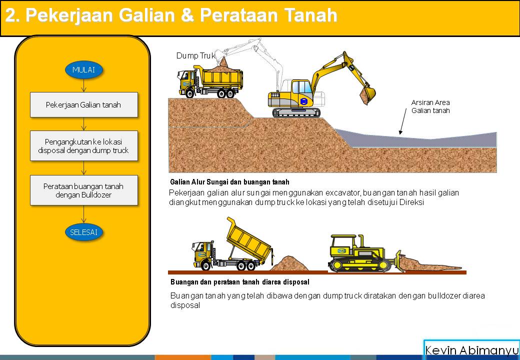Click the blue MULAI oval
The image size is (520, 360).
pos(83,69)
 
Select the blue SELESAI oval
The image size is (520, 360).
pos(83,232)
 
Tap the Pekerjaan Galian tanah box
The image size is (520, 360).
pos(83,105)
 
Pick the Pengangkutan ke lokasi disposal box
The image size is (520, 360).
pos(83,145)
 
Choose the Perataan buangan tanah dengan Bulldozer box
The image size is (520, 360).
pos(83,190)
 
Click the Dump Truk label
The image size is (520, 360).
pos(195,55)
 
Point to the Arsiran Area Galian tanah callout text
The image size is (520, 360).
pos(430,106)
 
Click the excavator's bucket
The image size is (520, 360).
pos(368,95)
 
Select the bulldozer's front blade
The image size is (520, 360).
pos(398,261)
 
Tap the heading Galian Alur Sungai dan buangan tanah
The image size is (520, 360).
pos(229,182)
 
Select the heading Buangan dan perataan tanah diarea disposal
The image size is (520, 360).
pos(239,282)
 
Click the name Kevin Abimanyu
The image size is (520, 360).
pos(471,350)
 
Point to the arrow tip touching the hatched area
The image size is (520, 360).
pos(400,133)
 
